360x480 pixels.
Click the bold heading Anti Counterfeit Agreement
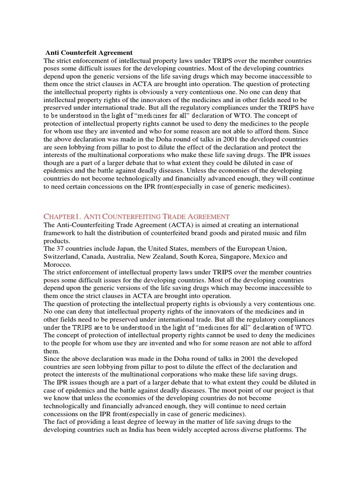[89, 53]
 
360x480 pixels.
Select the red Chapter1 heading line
[136, 216]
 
